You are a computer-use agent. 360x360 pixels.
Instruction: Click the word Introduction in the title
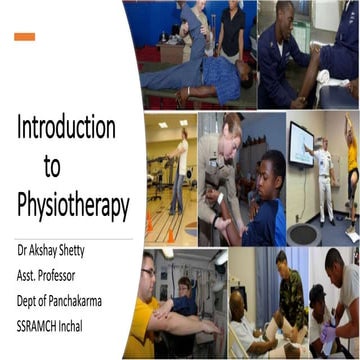(66, 129)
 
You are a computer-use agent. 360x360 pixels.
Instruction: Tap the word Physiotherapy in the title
(73, 205)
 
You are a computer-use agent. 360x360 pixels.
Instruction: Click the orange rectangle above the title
(25, 37)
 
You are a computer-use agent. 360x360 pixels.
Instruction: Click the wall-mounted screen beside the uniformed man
(302, 145)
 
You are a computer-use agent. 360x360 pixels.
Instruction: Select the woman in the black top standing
(232, 30)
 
